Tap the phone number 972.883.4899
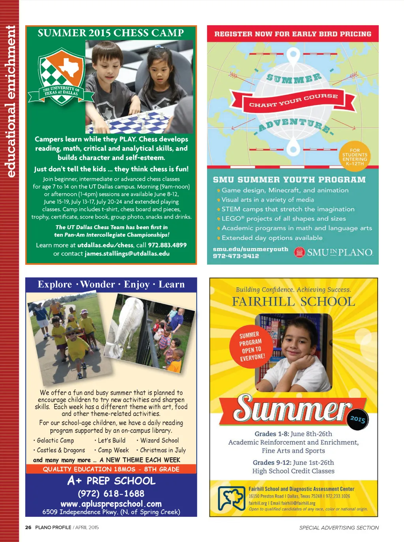(x=167, y=245)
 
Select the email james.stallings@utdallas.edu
(x=127, y=254)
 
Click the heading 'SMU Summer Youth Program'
(x=289, y=180)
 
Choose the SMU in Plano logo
(x=334, y=252)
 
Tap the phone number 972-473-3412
(x=236, y=256)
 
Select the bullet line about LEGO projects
(x=283, y=219)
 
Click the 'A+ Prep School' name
(x=112, y=481)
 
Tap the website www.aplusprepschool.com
(x=111, y=504)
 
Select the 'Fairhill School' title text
(x=294, y=302)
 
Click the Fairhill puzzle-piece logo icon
(x=232, y=498)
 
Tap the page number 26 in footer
(x=28, y=527)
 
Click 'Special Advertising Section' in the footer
(x=339, y=528)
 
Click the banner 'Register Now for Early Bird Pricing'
(x=293, y=34)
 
